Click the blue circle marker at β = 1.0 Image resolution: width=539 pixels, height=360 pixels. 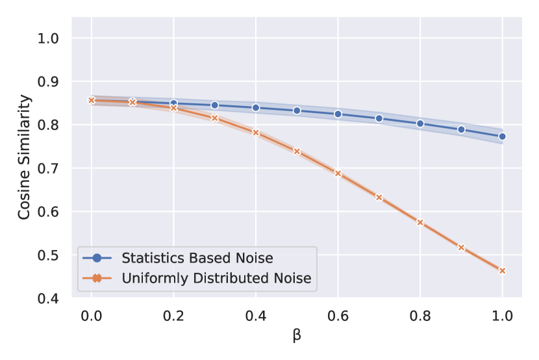tap(502, 136)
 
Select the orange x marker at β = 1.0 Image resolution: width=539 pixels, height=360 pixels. tap(502, 270)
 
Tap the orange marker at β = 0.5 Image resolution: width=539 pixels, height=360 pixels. tap(297, 151)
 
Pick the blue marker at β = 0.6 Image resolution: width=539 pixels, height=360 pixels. tap(338, 114)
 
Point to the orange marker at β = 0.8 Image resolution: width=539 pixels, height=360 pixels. tap(420, 222)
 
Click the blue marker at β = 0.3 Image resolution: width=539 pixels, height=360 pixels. tap(215, 105)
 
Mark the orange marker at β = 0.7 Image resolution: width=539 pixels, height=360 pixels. tap(379, 197)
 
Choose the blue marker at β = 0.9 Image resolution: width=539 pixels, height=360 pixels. tap(461, 129)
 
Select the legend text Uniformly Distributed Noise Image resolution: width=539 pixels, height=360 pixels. tap(216, 278)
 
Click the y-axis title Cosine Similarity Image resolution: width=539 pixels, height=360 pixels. tap(24, 157)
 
